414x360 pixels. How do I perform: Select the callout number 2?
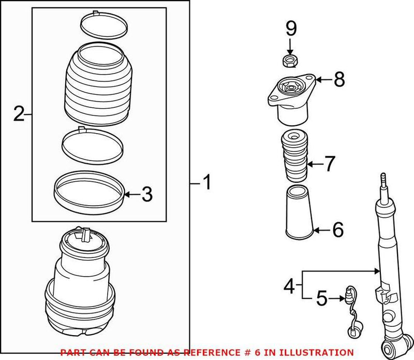click(19, 113)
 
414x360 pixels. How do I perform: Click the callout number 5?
click(322, 298)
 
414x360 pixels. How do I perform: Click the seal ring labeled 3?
click(90, 190)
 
